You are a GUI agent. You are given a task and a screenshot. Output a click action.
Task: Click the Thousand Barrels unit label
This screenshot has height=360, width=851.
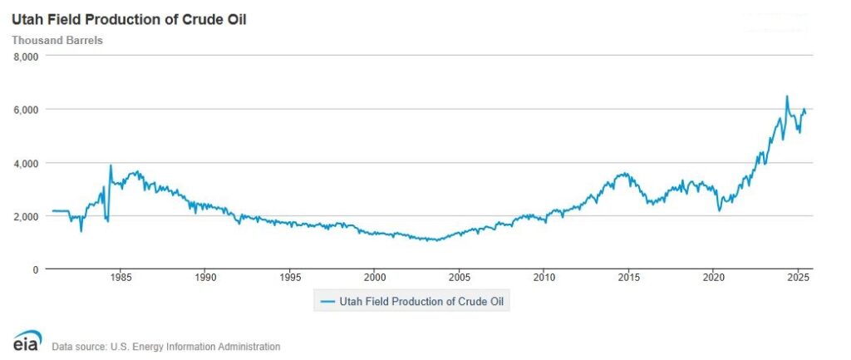pyautogui.click(x=57, y=39)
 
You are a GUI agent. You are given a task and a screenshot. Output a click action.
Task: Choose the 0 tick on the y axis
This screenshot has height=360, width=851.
pyautogui.click(x=35, y=269)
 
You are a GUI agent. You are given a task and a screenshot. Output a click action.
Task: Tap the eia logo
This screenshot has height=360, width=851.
pyautogui.click(x=25, y=342)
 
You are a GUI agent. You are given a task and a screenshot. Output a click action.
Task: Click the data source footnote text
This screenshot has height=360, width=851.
pyautogui.click(x=165, y=347)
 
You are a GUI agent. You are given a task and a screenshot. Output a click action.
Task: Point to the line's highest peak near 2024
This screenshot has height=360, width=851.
pyautogui.click(x=786, y=96)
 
